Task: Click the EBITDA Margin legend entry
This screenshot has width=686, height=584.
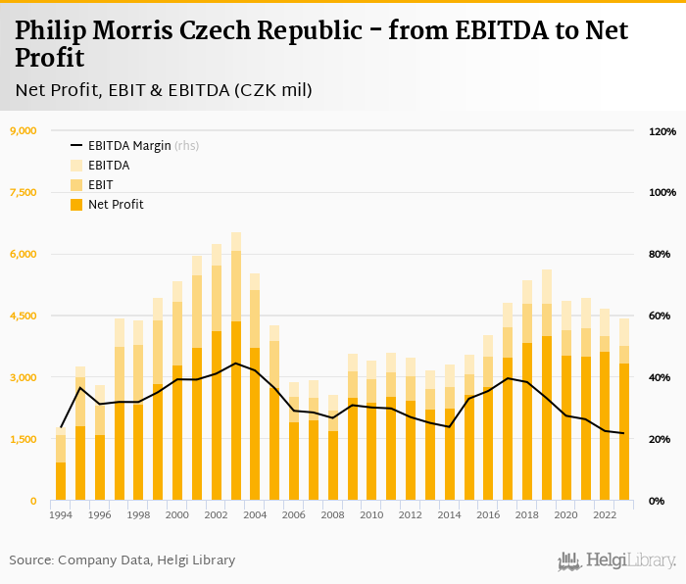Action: (x=129, y=146)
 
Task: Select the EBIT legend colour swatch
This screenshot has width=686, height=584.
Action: (x=75, y=185)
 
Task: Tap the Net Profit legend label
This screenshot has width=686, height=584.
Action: (x=116, y=205)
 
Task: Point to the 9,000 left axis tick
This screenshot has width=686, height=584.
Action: (x=23, y=131)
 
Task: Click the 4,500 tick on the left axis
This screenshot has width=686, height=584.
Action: (x=23, y=316)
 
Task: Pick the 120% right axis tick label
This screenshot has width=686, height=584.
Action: (x=662, y=131)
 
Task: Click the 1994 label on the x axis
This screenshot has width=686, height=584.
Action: (x=61, y=514)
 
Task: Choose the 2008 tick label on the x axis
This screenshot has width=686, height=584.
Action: (x=333, y=514)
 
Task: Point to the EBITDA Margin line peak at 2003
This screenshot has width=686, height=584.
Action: (x=236, y=364)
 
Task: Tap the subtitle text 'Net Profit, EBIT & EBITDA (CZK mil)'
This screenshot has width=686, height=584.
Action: (x=164, y=90)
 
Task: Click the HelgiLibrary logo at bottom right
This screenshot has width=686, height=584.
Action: (x=616, y=560)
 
